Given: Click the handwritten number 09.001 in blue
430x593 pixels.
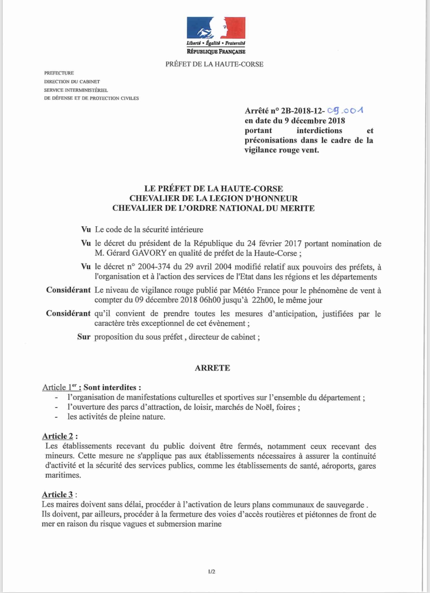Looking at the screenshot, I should (345, 110).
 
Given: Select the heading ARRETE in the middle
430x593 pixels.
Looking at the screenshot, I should (212, 368).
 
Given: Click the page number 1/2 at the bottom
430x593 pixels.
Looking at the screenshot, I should (212, 572).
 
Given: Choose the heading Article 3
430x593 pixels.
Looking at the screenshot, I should (57, 494).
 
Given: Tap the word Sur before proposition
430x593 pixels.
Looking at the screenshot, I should (84, 337).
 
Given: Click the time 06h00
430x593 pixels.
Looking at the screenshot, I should (209, 300).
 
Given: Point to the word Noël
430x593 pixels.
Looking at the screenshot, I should (265, 407).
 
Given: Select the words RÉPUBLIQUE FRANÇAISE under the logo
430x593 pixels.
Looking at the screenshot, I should (216, 52).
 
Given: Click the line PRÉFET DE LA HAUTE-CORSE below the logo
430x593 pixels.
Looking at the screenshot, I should (214, 64).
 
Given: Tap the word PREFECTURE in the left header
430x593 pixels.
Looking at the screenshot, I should (59, 73).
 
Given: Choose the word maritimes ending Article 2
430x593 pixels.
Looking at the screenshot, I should (63, 475).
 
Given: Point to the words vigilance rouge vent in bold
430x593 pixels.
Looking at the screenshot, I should (281, 150).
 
